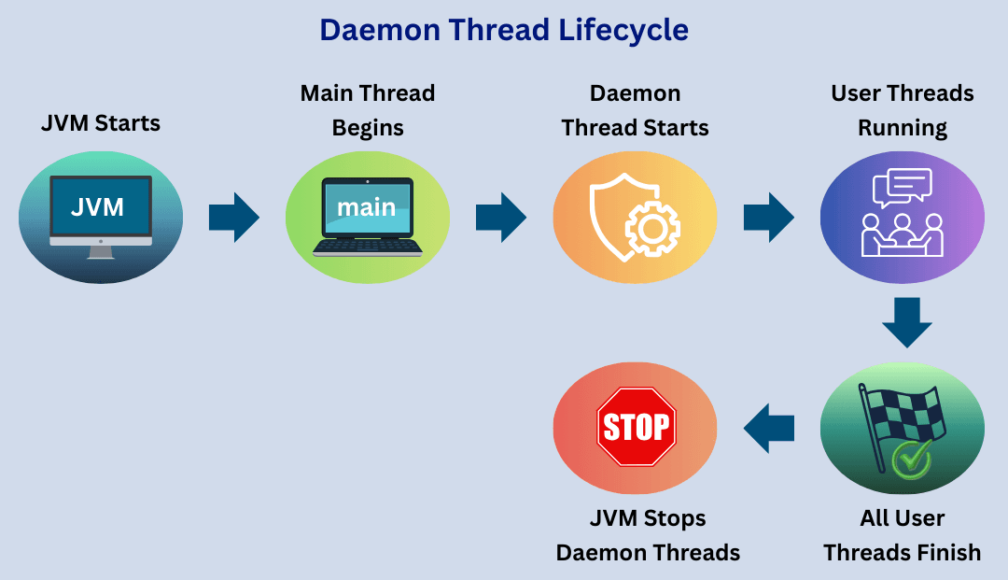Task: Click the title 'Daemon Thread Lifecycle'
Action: [504, 30]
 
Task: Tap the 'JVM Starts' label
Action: [101, 122]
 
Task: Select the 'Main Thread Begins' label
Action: [368, 110]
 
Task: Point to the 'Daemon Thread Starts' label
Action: [635, 110]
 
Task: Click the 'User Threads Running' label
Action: [902, 110]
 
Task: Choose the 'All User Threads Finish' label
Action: [902, 535]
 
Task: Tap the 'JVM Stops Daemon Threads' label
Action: [648, 535]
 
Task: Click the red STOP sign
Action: [637, 428]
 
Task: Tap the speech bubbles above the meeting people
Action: [902, 188]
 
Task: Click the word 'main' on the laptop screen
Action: [367, 207]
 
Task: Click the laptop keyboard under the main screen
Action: [368, 247]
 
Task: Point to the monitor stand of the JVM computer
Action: [100, 251]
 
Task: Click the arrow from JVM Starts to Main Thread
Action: [233, 218]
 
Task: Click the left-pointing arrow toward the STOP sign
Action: [769, 428]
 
